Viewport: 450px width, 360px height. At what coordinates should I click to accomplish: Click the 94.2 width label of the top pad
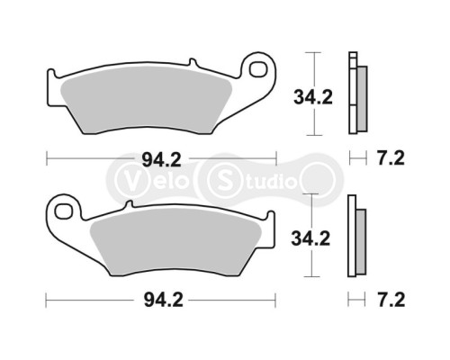tap(161, 161)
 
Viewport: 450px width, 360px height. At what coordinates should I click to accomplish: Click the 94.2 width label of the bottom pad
tap(161, 298)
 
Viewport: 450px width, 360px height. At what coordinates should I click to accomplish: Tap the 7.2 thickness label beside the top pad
tap(391, 159)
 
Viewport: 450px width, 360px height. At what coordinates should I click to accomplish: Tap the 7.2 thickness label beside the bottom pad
tap(391, 298)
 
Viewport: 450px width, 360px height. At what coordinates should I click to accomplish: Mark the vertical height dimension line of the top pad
tap(312, 91)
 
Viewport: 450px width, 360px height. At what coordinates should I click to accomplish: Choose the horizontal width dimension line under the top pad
tap(99, 160)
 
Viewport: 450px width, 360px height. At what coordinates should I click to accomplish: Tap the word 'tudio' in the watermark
tap(270, 180)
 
